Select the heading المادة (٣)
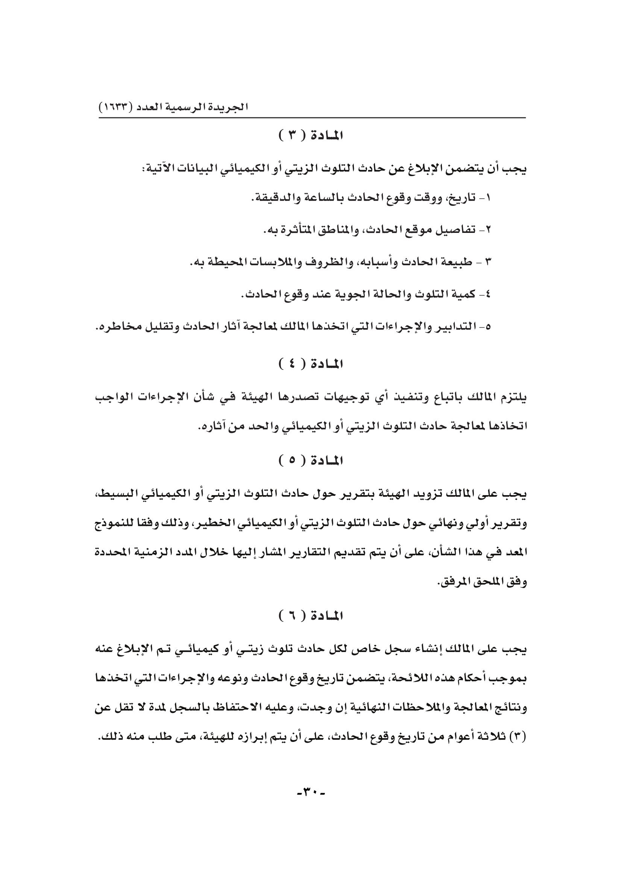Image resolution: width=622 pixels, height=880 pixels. [x=311, y=136]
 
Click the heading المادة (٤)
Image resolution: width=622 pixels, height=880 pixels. [x=311, y=364]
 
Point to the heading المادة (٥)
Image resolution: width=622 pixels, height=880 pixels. [x=311, y=461]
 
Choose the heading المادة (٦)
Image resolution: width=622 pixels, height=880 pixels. [x=311, y=617]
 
